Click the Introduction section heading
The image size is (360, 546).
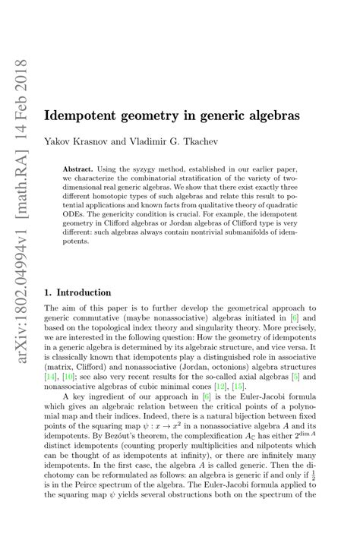84,292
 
